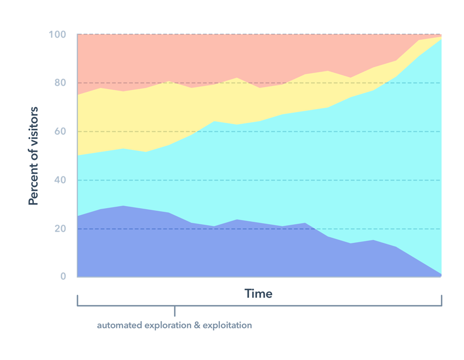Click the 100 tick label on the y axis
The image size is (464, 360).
click(57, 35)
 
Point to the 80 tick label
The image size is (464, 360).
click(59, 83)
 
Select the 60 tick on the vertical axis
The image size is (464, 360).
click(59, 132)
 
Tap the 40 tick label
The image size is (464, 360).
click(59, 180)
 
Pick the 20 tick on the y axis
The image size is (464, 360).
click(59, 229)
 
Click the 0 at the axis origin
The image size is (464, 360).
click(63, 276)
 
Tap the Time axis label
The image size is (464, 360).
click(258, 293)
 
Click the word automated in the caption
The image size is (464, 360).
click(119, 325)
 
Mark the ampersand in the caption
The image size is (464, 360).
click(196, 325)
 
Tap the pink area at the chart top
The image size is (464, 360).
click(201, 55)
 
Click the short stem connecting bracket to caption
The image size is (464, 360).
click(175, 311)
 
